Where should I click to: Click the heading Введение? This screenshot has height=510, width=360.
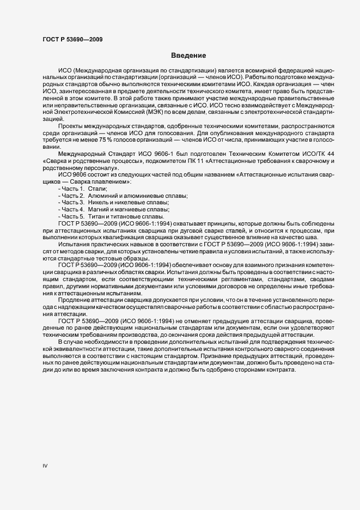[x=188, y=56]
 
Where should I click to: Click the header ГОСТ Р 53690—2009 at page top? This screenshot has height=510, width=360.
[x=72, y=40]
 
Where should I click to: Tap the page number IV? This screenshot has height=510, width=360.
[x=45, y=465]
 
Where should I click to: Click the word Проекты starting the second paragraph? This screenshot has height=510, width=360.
[x=71, y=125]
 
